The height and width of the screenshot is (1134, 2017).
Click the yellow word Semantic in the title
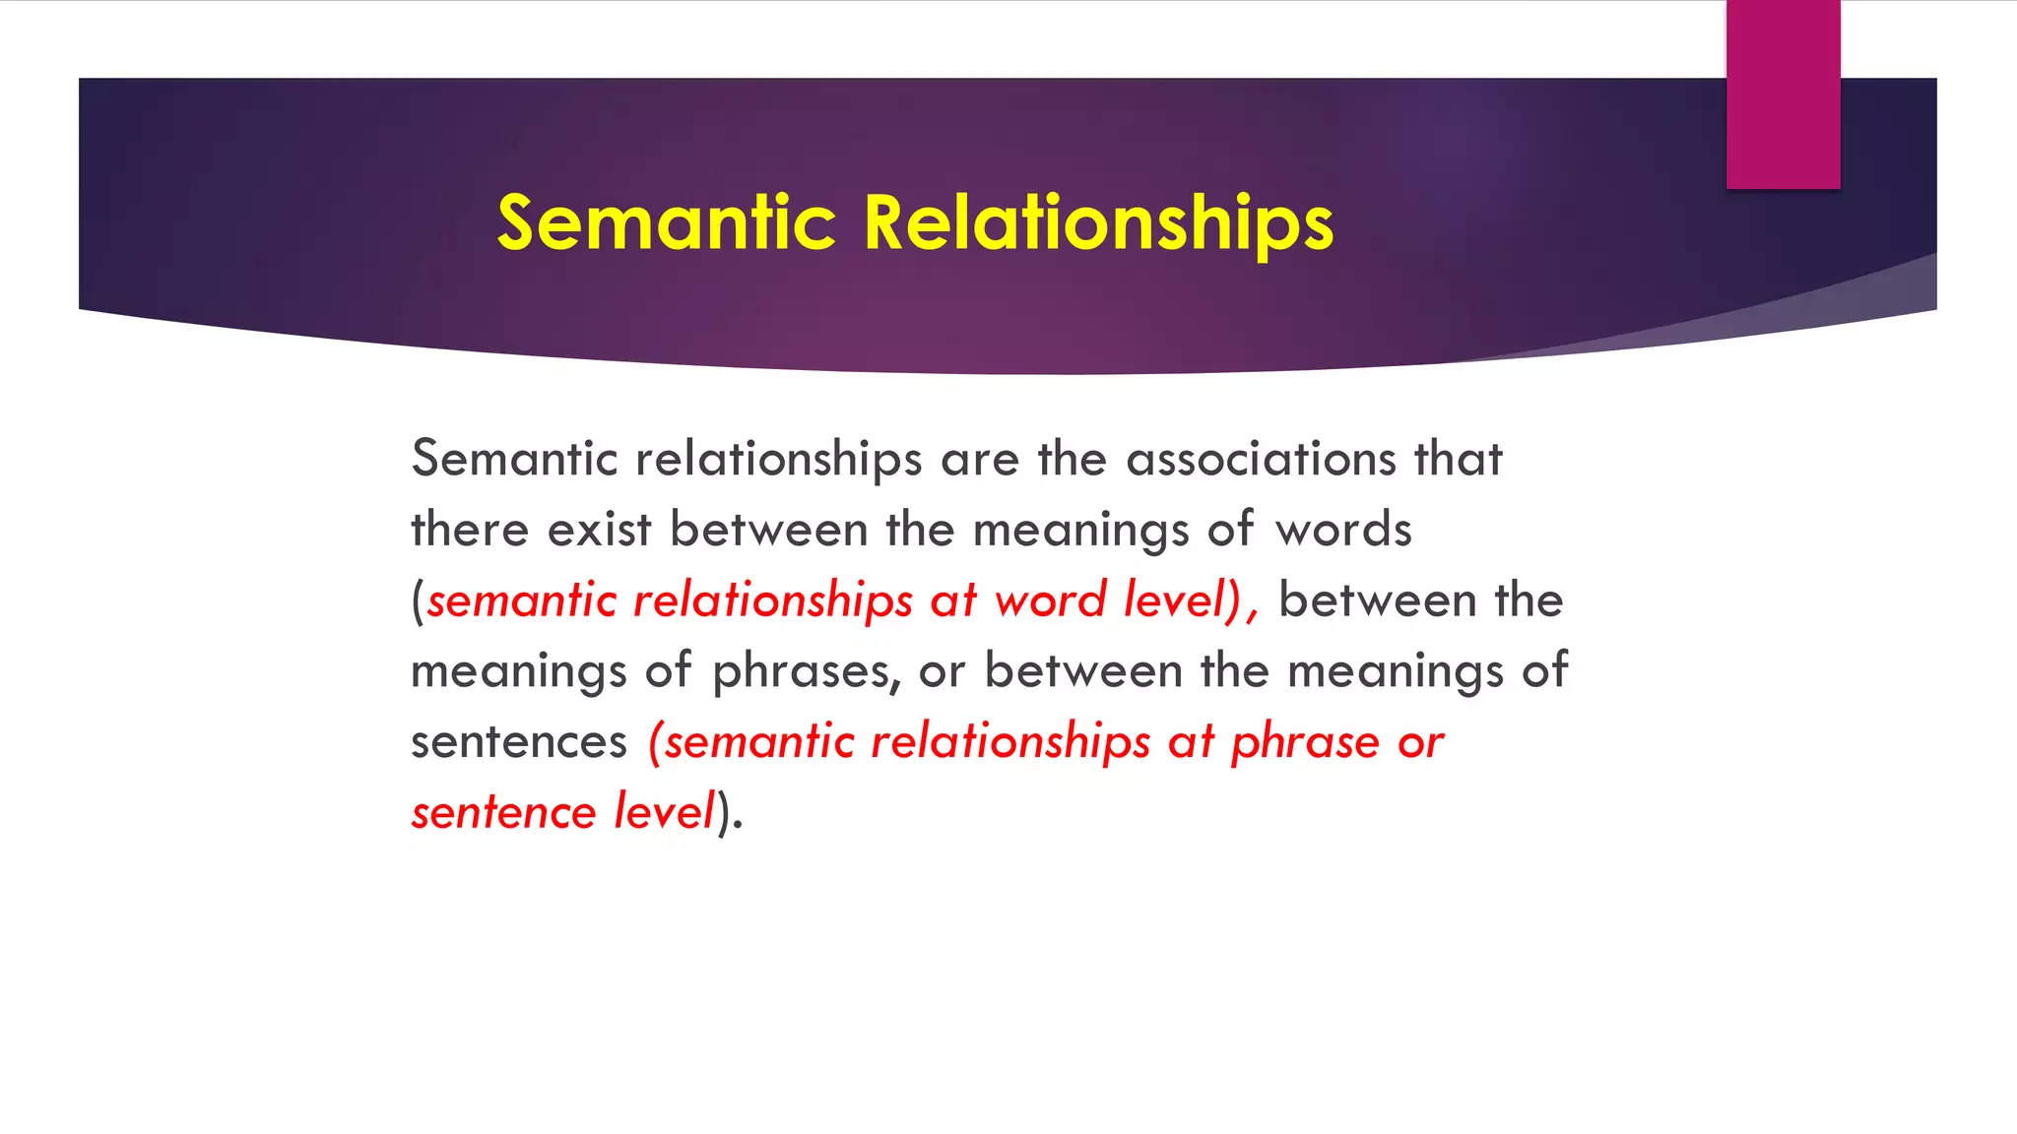(666, 222)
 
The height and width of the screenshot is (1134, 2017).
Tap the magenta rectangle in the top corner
(1783, 94)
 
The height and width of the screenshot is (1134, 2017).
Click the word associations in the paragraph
(1261, 459)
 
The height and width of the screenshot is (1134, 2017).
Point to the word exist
(599, 530)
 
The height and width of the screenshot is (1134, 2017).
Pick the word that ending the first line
(1459, 459)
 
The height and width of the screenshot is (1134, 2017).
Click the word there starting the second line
(470, 530)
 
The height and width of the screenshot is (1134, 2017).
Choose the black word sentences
(518, 742)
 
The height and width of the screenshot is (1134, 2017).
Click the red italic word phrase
(1305, 742)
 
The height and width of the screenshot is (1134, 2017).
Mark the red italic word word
(1050, 600)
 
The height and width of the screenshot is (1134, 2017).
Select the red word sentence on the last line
(503, 813)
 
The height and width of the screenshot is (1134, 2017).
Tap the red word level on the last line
(664, 813)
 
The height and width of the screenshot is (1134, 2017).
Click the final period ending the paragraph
(739, 827)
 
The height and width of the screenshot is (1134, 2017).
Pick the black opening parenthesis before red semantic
(418, 601)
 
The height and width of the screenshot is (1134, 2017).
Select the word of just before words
(1230, 530)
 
